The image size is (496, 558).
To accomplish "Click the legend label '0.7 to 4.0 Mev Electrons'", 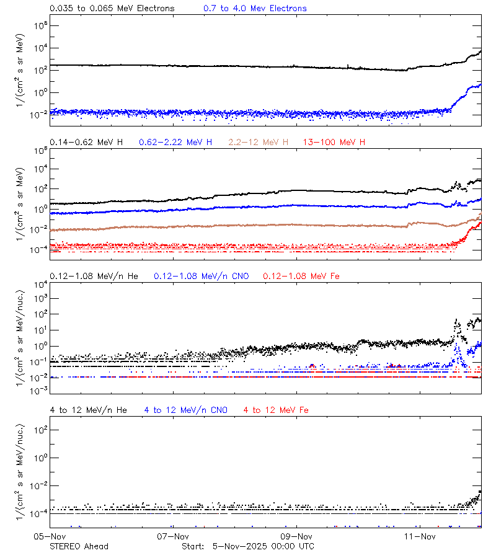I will pos(255,9).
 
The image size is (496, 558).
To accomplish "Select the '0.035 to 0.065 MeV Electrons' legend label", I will pos(112,9).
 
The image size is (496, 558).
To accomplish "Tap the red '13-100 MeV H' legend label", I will pos(334,143).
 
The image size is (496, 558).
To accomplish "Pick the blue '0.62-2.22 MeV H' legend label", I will pos(175,143).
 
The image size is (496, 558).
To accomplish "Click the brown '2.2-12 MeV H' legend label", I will pos(259,143).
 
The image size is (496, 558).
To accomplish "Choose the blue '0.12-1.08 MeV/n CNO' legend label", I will pos(201,276).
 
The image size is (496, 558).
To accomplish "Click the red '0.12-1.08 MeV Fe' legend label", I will pos(301,276).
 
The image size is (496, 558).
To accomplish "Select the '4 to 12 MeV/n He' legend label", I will pos(88,410).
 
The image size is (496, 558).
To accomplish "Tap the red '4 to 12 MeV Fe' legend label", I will pos(276,410).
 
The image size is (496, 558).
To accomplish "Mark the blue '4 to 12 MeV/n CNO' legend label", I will pos(185,410).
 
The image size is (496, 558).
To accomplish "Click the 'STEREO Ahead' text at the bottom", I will pos(79,546).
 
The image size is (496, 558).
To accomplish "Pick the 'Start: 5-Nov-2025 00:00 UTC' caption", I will pos(248,546).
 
